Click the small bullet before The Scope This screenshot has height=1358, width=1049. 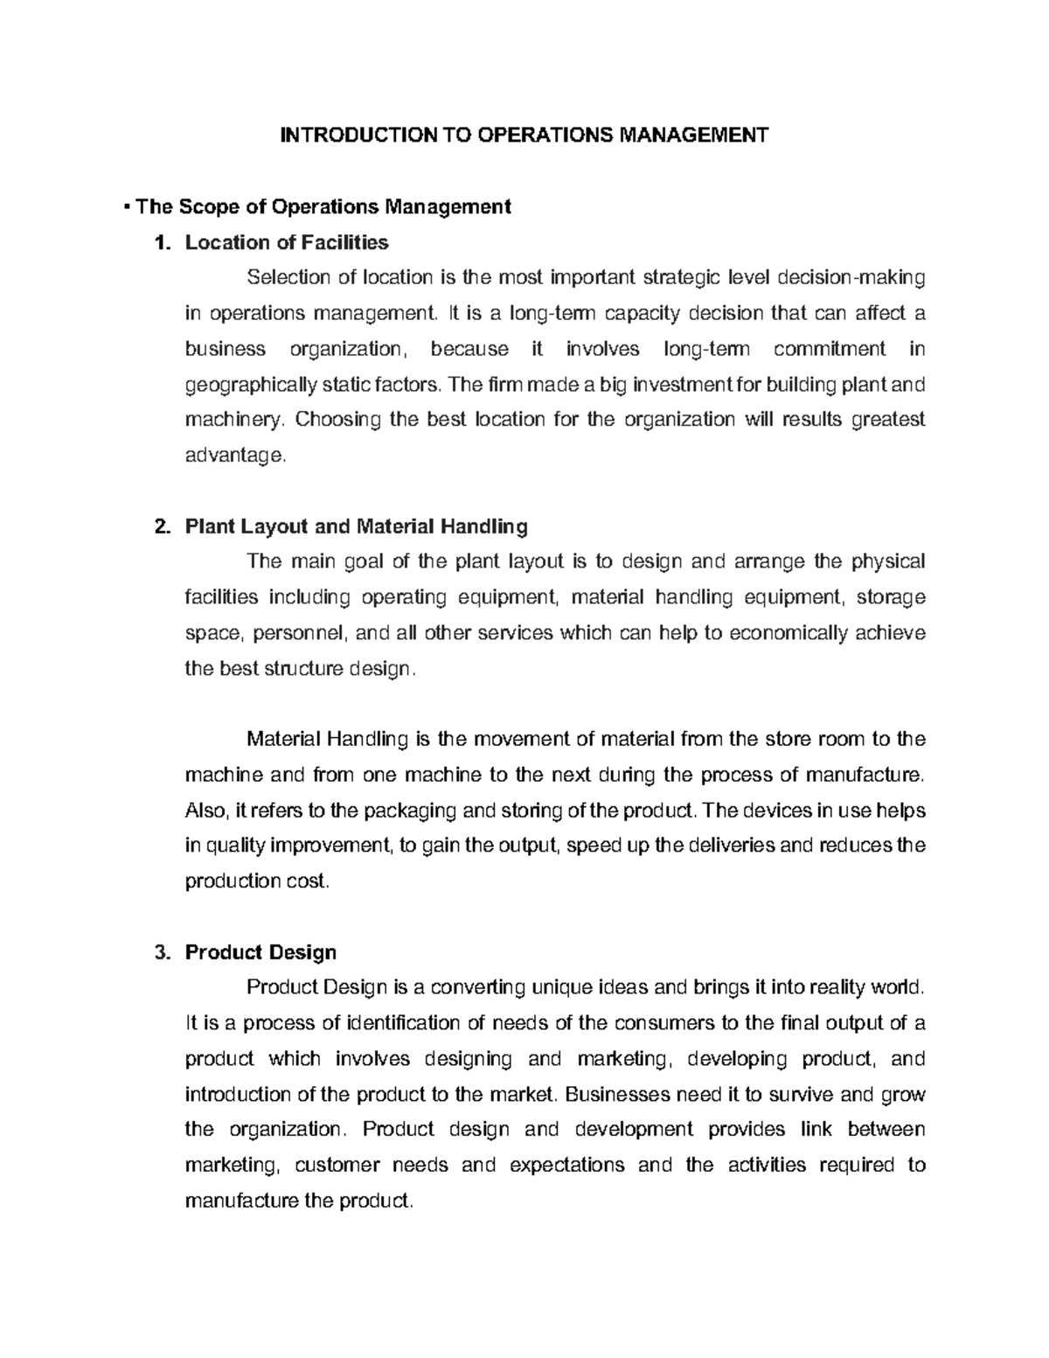128,206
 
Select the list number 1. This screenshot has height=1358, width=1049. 159,242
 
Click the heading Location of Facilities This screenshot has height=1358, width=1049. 287,242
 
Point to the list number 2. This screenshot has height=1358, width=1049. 159,526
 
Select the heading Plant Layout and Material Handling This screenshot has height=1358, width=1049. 357,526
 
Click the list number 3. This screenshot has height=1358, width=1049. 159,952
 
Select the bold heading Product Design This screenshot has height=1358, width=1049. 261,952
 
